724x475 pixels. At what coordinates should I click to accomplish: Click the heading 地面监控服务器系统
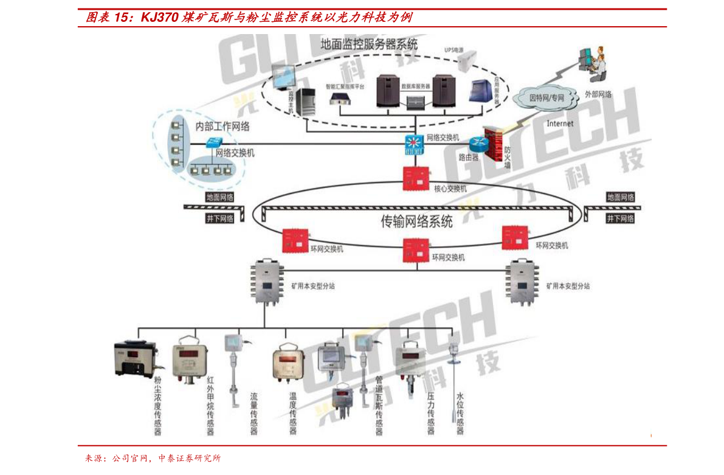369,44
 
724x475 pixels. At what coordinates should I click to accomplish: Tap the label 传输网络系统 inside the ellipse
416,222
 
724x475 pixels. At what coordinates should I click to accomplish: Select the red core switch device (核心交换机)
417,176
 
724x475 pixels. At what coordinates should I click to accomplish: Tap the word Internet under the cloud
559,123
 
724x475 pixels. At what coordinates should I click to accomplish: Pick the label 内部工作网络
222,127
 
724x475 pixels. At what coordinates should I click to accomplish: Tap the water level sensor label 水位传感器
460,413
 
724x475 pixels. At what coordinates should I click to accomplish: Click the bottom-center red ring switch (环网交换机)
417,249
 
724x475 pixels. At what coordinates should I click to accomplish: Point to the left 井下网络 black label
219,218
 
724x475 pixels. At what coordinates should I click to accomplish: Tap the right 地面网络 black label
620,198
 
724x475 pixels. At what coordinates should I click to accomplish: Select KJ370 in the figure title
159,17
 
